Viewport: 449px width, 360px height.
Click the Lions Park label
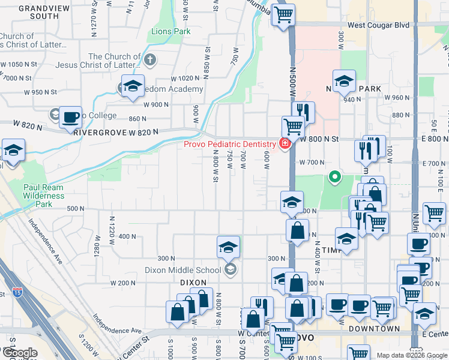(170, 31)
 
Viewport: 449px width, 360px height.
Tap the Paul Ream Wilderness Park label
(43, 196)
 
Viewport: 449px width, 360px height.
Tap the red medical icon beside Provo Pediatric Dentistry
(283, 143)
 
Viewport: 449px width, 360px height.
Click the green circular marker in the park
(335, 177)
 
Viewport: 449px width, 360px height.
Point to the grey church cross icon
(150, 60)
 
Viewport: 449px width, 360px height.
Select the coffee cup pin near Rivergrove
(71, 117)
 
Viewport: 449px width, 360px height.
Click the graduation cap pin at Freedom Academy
(133, 85)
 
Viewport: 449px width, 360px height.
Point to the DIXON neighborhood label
(192, 282)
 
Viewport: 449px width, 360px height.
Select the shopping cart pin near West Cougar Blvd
(283, 14)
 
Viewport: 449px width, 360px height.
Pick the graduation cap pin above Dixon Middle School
(228, 247)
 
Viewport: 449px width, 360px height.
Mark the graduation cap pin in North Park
(344, 80)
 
